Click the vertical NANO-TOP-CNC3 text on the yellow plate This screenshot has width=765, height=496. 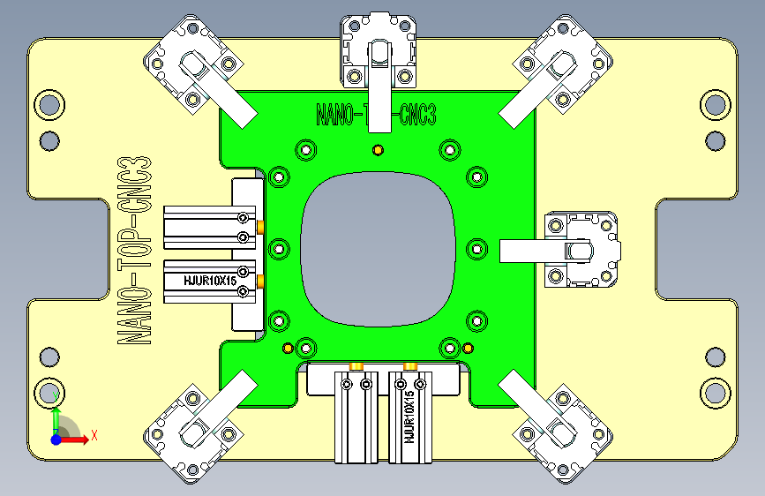click(134, 252)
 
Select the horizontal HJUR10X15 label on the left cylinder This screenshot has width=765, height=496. click(209, 282)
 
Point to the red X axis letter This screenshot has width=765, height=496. click(94, 435)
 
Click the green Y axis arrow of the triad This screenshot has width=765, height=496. click(56, 418)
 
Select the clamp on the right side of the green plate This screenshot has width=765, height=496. click(582, 250)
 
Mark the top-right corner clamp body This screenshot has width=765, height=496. click(565, 64)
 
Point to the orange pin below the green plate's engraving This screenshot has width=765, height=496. click(378, 148)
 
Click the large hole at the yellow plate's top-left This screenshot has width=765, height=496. click(49, 106)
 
